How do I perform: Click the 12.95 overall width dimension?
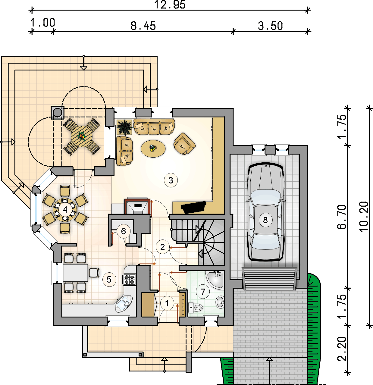(170, 5)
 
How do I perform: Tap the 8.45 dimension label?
(143, 26)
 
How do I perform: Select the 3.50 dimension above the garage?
(270, 26)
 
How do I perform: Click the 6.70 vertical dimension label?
(342, 217)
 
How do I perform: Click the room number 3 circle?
(171, 180)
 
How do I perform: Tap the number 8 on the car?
(265, 220)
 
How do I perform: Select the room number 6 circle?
(124, 231)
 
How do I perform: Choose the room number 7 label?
(203, 291)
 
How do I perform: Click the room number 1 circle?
(167, 303)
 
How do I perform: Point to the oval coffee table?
(153, 149)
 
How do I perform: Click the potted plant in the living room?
(124, 127)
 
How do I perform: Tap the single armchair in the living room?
(185, 144)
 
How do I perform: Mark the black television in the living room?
(193, 207)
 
